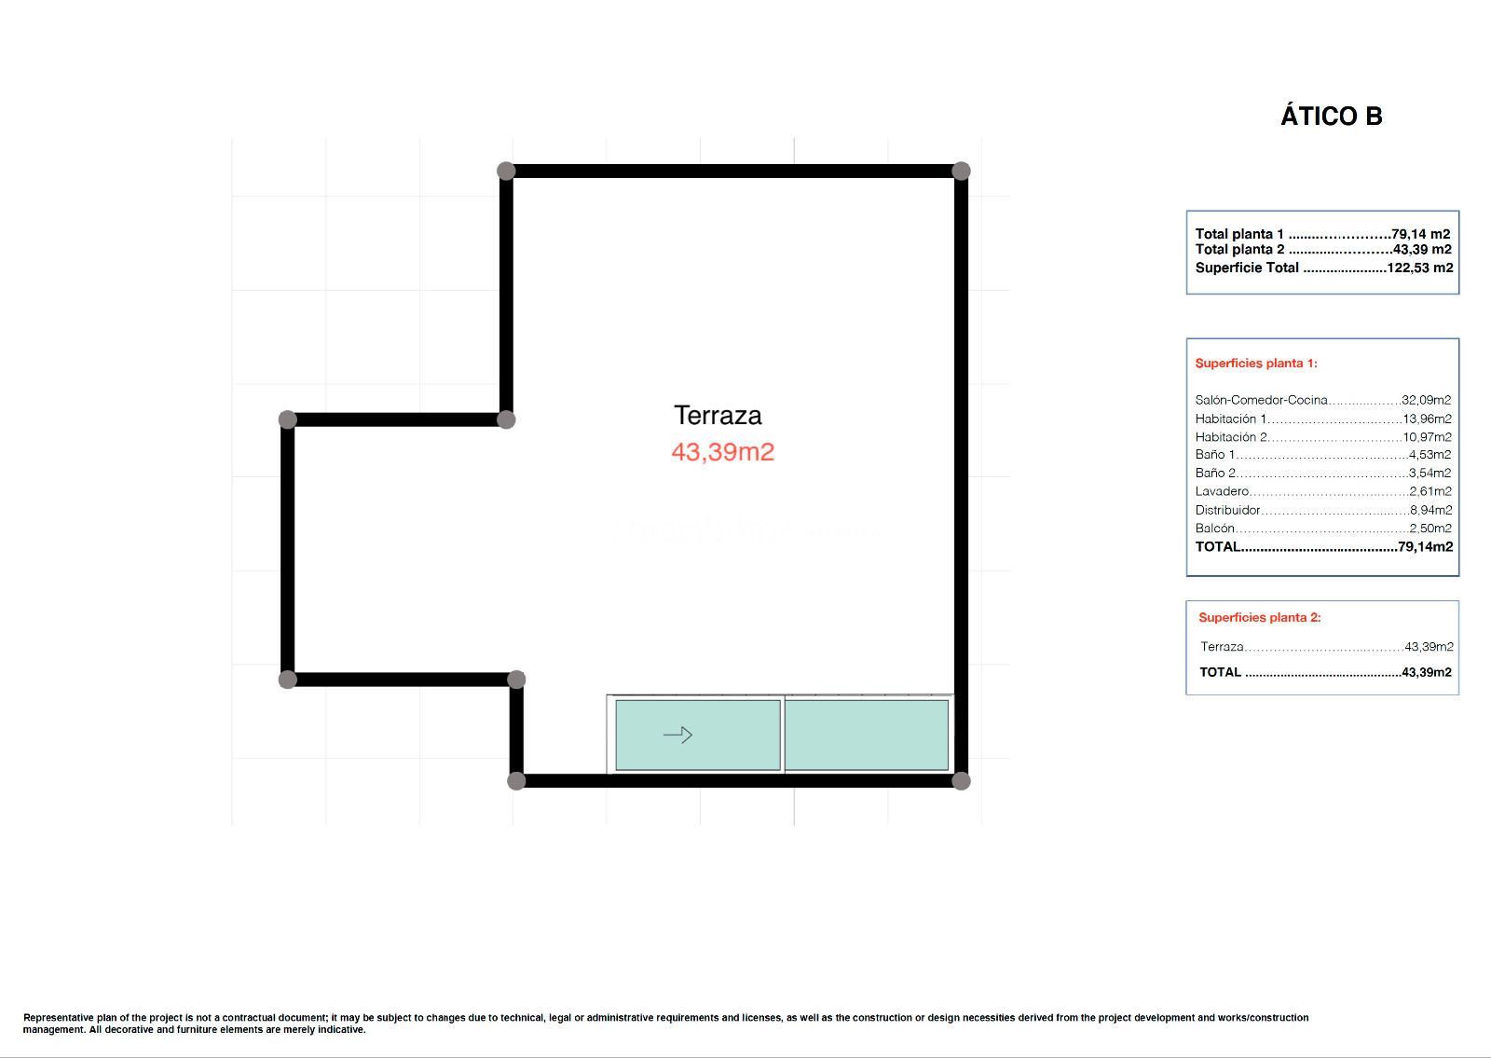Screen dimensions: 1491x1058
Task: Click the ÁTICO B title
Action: (1332, 116)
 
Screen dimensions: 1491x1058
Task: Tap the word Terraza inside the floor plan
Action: (718, 416)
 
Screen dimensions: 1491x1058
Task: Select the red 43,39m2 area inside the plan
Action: (723, 452)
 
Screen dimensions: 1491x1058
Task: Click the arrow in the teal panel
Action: (678, 735)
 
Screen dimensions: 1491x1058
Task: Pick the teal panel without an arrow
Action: (867, 735)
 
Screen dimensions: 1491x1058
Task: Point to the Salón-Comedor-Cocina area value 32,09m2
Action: (1426, 400)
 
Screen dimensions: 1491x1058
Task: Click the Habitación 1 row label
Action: (1231, 419)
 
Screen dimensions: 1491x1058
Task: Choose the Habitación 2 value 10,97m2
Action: (1427, 437)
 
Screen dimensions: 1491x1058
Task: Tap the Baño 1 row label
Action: (1215, 455)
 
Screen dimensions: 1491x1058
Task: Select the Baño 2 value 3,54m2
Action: (1429, 474)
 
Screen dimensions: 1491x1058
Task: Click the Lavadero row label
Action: (1222, 491)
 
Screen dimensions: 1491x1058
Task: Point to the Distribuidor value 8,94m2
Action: (1431, 510)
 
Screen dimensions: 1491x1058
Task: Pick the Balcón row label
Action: (1215, 529)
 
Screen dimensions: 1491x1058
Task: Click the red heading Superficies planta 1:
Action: (1257, 364)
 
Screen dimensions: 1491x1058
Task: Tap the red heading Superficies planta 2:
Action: (1260, 618)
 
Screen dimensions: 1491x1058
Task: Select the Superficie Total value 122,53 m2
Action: (1420, 268)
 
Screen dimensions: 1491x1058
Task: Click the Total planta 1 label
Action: (1239, 234)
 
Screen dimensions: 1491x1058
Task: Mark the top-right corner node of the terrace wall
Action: (961, 172)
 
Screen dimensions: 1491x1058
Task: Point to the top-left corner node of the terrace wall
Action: (506, 172)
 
